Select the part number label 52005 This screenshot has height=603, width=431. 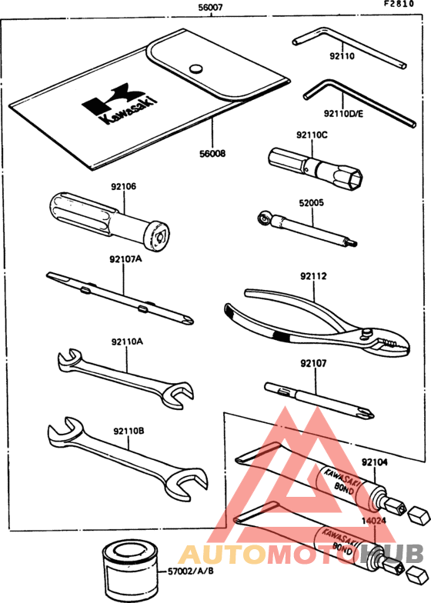312,204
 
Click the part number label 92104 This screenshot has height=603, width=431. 379,462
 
